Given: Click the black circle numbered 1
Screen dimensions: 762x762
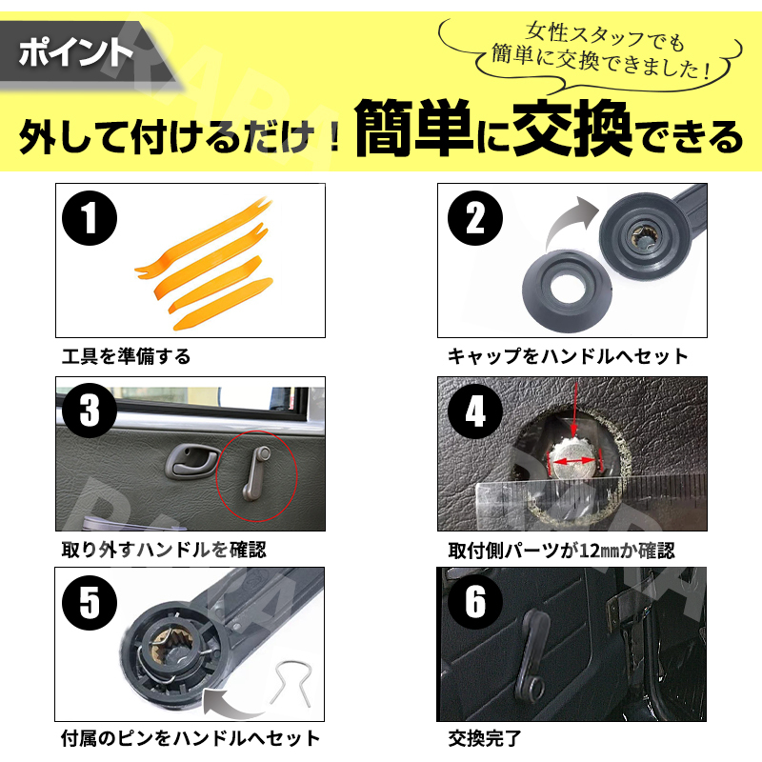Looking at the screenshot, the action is coord(90,218).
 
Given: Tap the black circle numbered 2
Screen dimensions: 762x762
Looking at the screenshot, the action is coord(475,218).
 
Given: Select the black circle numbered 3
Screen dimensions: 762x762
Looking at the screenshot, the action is coord(90,411).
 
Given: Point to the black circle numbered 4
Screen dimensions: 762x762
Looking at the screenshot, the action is coord(475,411).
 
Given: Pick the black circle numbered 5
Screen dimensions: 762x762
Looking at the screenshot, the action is coord(90,603).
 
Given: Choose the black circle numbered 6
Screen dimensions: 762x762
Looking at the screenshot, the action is coord(475,602).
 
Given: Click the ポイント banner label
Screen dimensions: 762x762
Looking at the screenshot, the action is coord(76,52).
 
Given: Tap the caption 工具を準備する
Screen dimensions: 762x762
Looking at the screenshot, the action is coord(126,356).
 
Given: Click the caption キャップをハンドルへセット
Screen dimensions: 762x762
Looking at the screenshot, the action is coord(568,356).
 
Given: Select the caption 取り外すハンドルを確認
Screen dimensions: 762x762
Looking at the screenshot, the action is coord(164,550).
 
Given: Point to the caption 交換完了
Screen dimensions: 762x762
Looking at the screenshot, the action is coord(485,739).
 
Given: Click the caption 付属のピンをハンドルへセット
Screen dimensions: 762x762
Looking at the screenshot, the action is coord(190,738).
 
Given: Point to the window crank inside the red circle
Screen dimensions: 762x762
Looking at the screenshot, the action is coord(256,473).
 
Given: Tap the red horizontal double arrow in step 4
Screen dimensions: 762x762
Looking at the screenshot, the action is coord(574,461).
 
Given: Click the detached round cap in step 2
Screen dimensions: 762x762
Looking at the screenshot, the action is coord(566,291).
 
